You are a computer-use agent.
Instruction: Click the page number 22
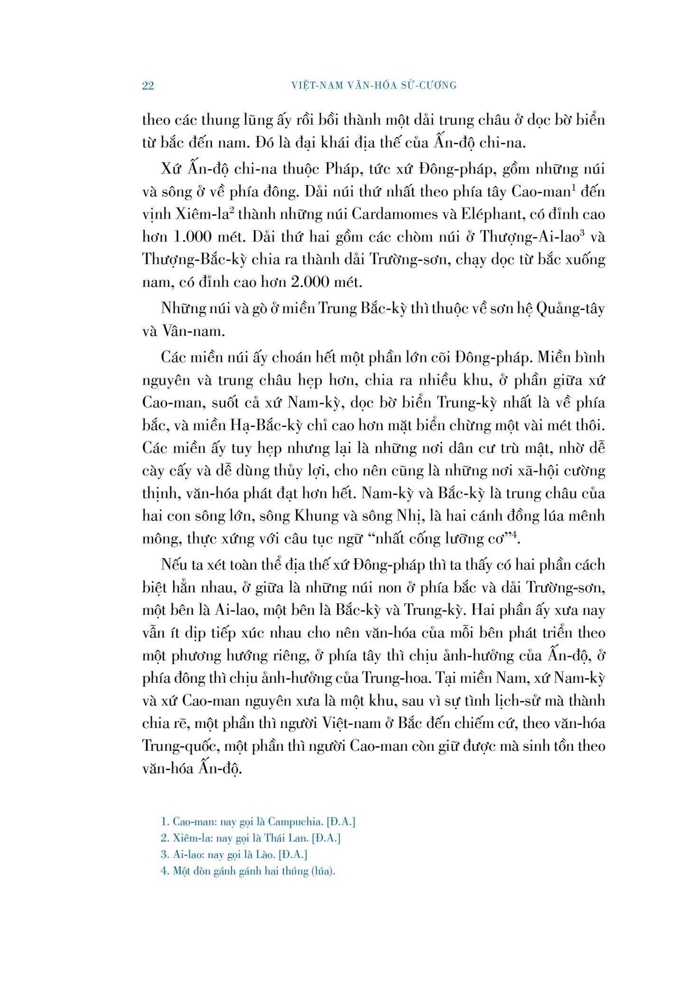pos(148,86)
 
